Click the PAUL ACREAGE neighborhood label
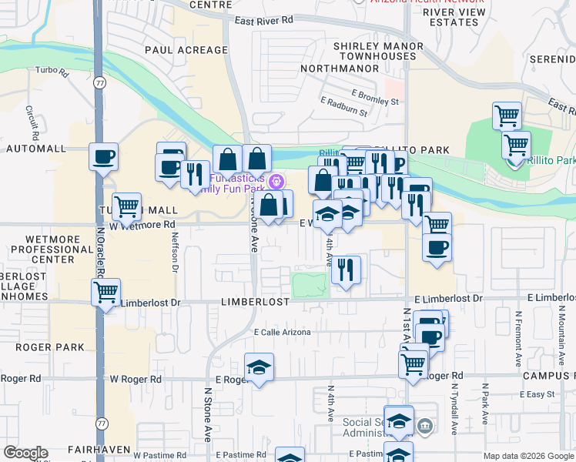click(186, 50)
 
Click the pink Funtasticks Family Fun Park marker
click(278, 182)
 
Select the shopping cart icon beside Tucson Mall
click(126, 206)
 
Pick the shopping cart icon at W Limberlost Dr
click(105, 292)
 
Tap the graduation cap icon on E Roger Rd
click(260, 367)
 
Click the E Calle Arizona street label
click(282, 333)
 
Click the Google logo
click(26, 452)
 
